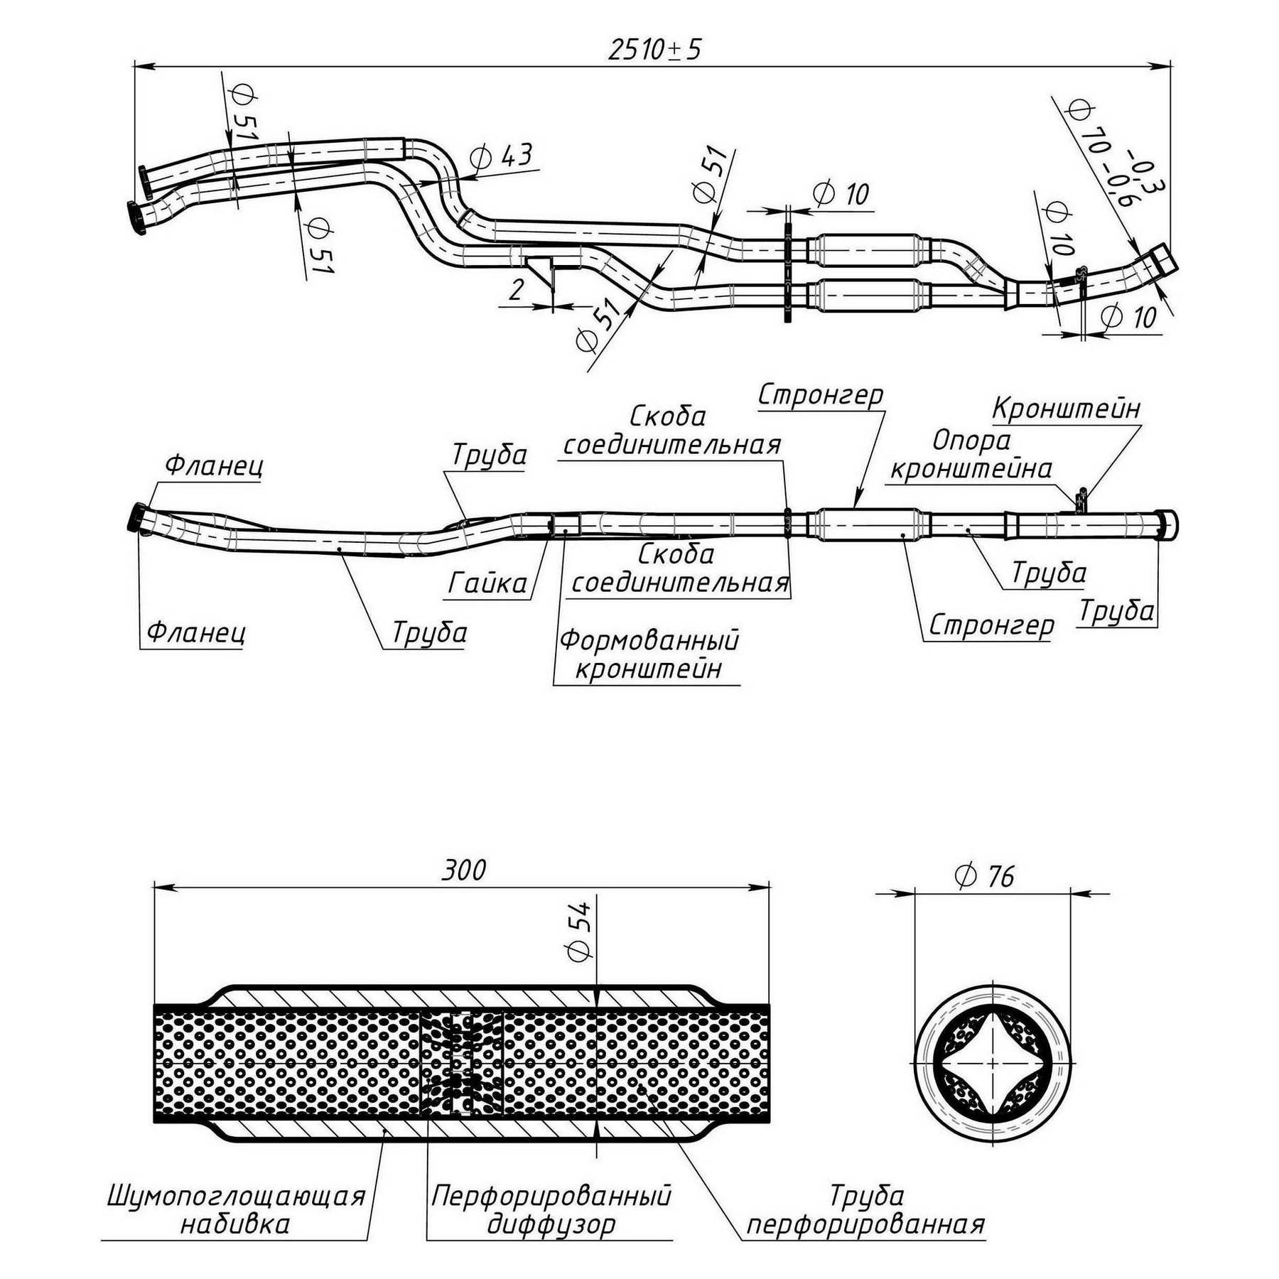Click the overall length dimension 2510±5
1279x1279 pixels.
click(654, 49)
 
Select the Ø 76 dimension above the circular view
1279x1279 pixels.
click(985, 876)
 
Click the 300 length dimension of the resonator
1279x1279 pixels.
click(463, 870)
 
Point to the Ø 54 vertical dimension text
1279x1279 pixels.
click(580, 931)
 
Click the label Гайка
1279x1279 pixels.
click(487, 583)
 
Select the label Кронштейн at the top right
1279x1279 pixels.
click(1066, 409)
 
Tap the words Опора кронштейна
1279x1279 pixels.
click(971, 455)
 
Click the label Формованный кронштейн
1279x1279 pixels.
click(649, 654)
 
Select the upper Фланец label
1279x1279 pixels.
click(214, 465)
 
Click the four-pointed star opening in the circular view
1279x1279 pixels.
click(992, 1063)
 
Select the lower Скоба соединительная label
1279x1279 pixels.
click(680, 568)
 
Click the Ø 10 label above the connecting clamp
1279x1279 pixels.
click(841, 193)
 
